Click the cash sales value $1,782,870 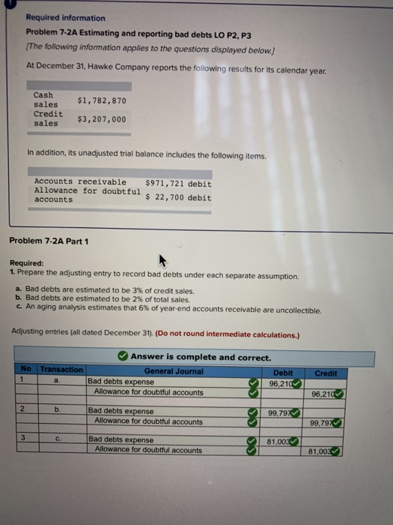pyautogui.click(x=102, y=100)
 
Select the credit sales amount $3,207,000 pyautogui.click(x=102, y=119)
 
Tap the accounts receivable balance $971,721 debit pyautogui.click(x=178, y=184)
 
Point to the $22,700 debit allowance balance pyautogui.click(x=178, y=197)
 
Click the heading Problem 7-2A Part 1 pyautogui.click(x=49, y=241)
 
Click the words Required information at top pyautogui.click(x=65, y=18)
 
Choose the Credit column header pyautogui.click(x=327, y=373)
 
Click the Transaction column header pyautogui.click(x=62, y=370)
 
